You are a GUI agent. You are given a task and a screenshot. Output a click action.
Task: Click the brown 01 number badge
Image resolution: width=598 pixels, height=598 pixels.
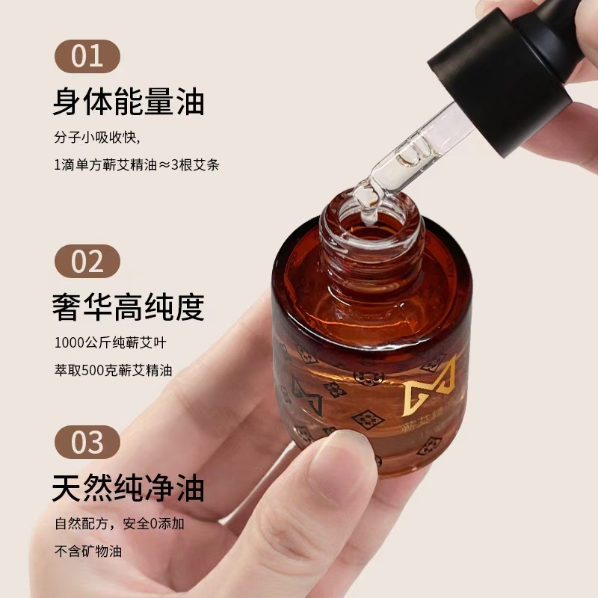point(87,56)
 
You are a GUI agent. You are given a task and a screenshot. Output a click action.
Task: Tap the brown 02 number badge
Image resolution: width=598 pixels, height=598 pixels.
point(87,261)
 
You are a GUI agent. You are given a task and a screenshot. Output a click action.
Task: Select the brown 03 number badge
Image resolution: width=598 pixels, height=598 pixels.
point(87,442)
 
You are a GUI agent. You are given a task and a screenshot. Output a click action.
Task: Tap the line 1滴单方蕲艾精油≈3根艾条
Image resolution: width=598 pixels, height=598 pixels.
point(136,165)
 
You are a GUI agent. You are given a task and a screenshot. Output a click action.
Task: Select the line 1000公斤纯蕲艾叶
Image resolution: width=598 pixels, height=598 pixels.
point(109,344)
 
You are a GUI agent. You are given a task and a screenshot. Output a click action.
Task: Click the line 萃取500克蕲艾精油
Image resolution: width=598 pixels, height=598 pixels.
point(114,371)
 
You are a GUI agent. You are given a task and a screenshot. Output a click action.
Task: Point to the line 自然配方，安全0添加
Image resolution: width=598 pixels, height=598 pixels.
point(119,524)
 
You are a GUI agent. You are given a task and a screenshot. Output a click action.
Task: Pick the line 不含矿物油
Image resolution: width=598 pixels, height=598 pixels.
point(88,552)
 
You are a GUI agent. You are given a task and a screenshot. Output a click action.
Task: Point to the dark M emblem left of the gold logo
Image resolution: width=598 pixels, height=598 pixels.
point(307,396)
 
